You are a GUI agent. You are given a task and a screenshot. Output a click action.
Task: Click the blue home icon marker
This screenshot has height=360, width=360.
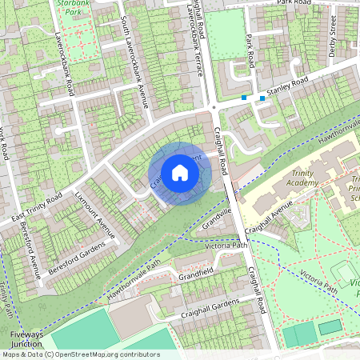click(180, 173)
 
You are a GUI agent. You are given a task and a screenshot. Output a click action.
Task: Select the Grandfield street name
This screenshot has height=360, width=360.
click(196, 274)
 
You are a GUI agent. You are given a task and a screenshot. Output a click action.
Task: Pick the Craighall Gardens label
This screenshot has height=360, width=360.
click(210, 306)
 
